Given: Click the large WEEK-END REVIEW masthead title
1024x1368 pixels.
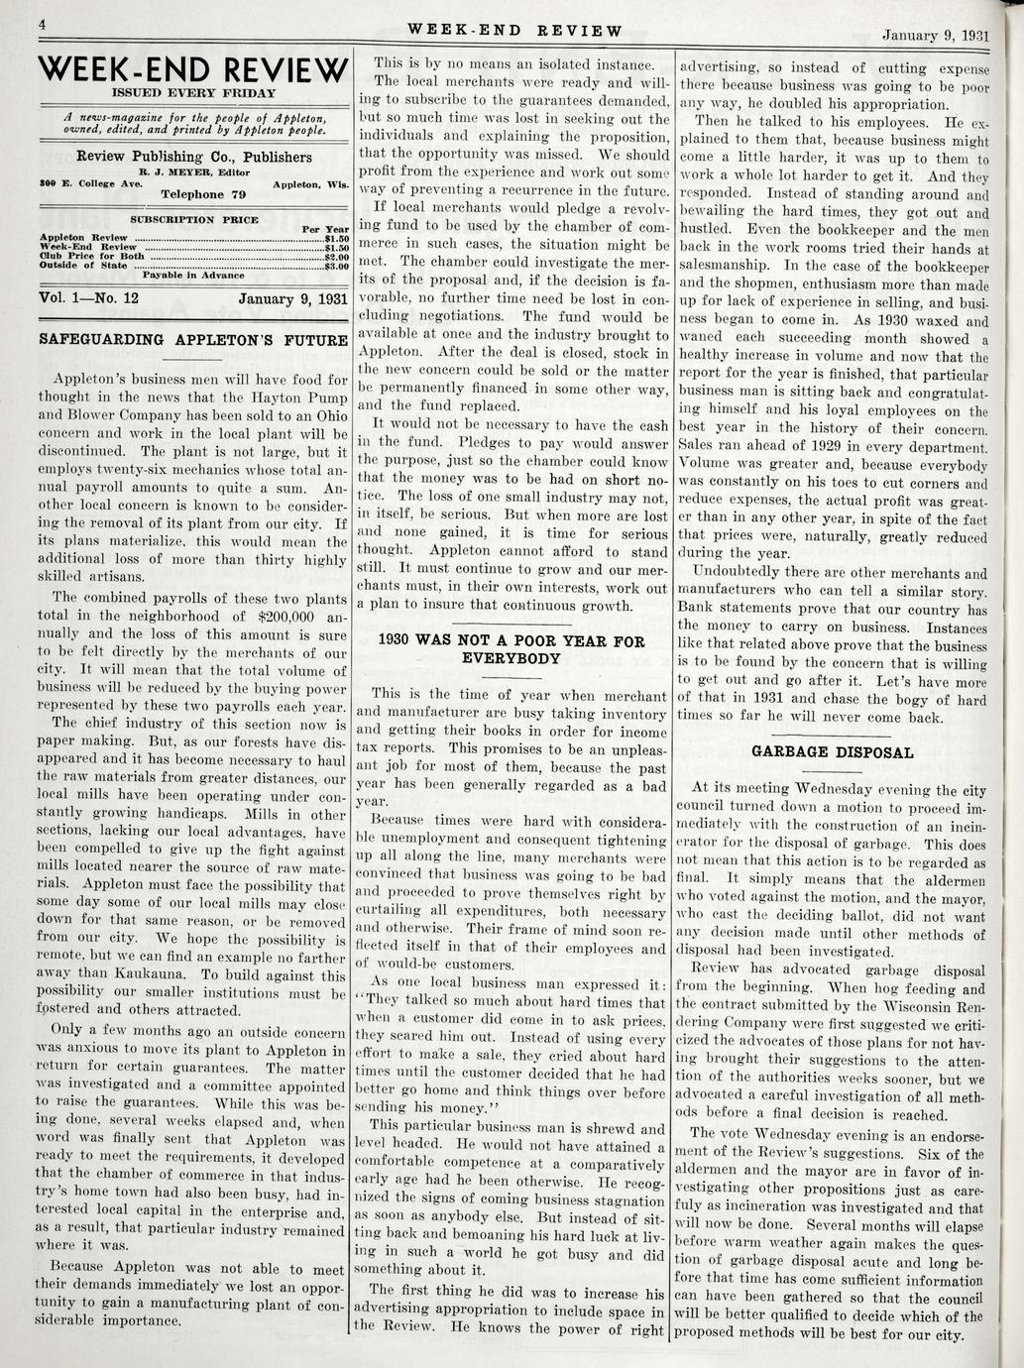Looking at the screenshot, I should pos(192,71).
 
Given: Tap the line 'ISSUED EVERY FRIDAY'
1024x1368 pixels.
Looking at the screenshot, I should pos(192,93).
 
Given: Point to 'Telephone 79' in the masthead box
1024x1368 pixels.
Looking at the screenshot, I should pos(202,194).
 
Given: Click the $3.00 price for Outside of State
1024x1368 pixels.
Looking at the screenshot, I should pos(336,266).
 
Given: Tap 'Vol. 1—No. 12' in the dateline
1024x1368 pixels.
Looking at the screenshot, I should pos(88,297).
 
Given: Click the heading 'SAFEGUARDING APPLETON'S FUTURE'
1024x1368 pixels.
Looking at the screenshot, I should pos(192,339).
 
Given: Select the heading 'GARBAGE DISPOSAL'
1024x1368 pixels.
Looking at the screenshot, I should pos(832,752).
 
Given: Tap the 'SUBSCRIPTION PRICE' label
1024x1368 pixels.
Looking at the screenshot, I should pos(194,219).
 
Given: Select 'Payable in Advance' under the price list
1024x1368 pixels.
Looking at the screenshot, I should pos(193,275).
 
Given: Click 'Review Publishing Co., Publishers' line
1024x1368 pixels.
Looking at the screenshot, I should pos(193,157).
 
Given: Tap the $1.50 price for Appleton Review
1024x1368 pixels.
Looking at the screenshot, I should pos(336,238).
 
